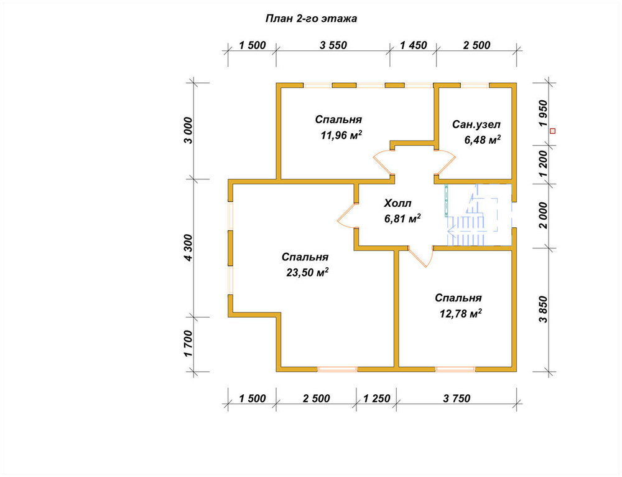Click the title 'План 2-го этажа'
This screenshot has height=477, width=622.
pos(311,19)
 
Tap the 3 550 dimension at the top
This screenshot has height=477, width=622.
pos(333,45)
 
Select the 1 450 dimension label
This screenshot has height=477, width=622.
pos(414,45)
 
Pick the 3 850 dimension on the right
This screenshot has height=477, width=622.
pos(542,309)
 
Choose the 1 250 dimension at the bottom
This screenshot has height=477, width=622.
pos(376,399)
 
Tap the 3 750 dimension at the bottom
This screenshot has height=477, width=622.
pos(457,399)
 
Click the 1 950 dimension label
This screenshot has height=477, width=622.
pos(542,113)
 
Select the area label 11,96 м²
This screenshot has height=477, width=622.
pos(341,135)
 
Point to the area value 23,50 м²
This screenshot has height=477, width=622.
pos(307,273)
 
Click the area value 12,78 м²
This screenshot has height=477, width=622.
pos(460,314)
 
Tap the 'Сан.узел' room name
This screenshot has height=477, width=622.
pos(476,125)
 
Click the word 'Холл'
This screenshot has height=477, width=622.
pos(397,204)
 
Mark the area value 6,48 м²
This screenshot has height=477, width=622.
pos(482,140)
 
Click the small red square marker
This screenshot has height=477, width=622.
pos(552,131)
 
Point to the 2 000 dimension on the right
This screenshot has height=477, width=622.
pos(542,215)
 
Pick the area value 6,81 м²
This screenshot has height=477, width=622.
pos(402,219)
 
